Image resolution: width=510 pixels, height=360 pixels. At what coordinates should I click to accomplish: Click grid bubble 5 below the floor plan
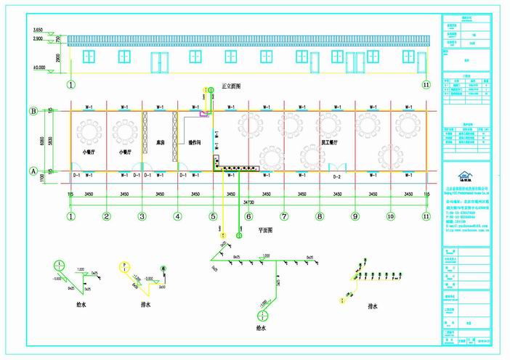(x=213, y=216)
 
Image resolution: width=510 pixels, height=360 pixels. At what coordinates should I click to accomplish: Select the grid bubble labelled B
(x=33, y=111)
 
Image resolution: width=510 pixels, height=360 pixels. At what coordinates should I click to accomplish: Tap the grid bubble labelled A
(x=33, y=171)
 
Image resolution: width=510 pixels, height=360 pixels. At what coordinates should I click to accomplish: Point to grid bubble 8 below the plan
(x=319, y=216)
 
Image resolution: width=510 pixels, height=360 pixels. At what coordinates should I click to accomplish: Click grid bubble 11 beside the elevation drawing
(x=426, y=84)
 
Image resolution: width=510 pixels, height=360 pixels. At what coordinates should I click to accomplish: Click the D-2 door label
(x=336, y=176)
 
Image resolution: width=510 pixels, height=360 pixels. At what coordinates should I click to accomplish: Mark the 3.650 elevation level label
(x=39, y=30)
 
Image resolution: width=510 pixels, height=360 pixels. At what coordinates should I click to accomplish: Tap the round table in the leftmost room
(x=90, y=131)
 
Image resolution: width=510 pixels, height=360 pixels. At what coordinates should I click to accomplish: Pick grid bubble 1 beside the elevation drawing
(x=71, y=84)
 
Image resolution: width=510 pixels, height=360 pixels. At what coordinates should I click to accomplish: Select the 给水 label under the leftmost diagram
(x=71, y=306)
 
